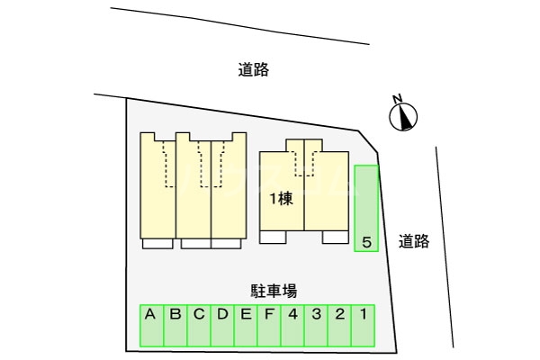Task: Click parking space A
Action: (x=151, y=327)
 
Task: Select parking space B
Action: (x=175, y=327)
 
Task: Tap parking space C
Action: (x=198, y=327)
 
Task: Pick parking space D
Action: (x=221, y=327)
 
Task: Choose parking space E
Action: (x=245, y=327)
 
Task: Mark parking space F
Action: (x=268, y=327)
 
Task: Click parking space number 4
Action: (x=292, y=327)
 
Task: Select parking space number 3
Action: (x=316, y=327)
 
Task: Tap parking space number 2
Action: (x=339, y=327)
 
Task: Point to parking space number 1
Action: (x=363, y=327)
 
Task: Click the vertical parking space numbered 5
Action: (x=366, y=209)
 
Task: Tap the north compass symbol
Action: (x=404, y=117)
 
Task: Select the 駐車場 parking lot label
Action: (x=274, y=291)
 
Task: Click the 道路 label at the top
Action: (x=255, y=69)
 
